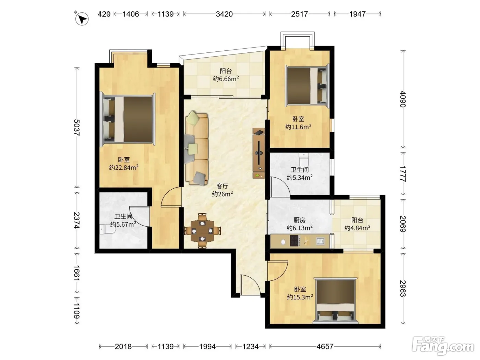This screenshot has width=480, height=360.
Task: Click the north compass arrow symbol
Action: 82,19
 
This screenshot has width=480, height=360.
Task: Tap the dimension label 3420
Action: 224,14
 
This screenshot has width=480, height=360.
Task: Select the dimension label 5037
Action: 76,128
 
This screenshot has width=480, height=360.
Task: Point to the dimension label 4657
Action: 325,346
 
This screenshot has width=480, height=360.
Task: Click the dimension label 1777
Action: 403,174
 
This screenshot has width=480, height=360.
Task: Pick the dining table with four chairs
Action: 203,231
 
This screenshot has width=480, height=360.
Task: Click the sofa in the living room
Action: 196,148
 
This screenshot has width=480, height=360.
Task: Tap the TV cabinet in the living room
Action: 259,153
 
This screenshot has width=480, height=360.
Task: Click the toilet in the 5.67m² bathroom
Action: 108,229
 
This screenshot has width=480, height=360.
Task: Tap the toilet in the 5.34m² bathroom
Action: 304,159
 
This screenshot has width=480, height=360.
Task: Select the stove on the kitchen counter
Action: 295,241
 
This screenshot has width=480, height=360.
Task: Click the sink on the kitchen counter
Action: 320,241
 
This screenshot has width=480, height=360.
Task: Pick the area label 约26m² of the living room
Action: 222,194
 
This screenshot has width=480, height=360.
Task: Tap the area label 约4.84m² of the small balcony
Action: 357,228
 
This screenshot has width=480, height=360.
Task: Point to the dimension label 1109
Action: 76,311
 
